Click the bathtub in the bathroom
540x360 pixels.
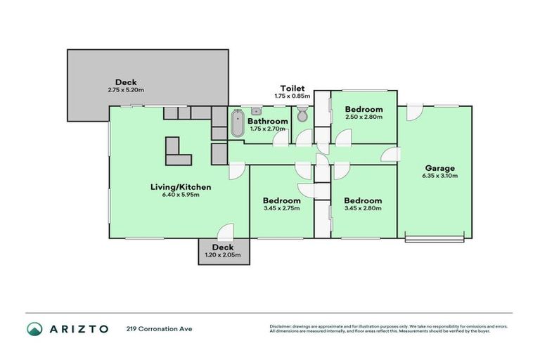point(237,124)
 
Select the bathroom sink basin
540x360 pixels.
point(257,111)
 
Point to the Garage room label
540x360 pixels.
point(440,168)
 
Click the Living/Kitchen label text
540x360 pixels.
point(181,187)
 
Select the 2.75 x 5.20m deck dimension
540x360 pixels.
point(127,90)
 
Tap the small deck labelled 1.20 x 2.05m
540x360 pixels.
point(223,251)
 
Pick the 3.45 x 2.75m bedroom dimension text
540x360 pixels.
point(281,208)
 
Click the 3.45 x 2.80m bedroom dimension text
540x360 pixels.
point(364,208)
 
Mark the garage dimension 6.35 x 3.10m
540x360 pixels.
point(440,176)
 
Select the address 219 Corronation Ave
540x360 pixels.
point(158,328)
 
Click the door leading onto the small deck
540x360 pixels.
point(225,232)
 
